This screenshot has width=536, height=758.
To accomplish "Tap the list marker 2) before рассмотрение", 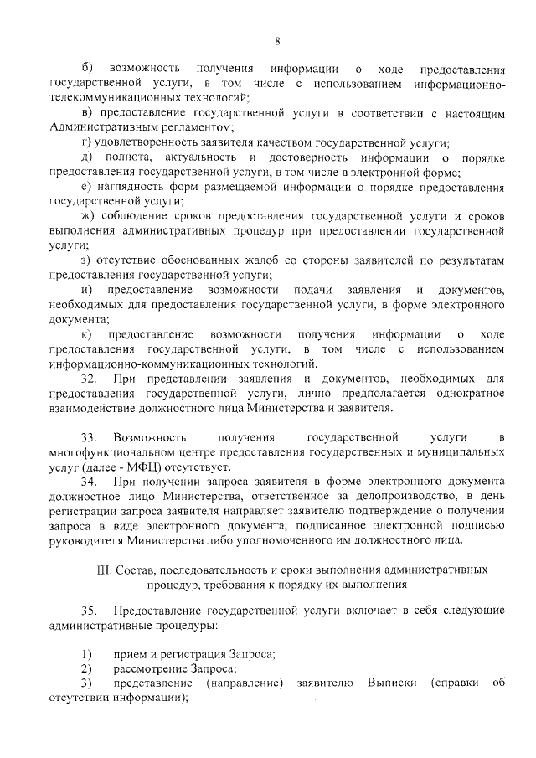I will (x=85, y=668).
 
